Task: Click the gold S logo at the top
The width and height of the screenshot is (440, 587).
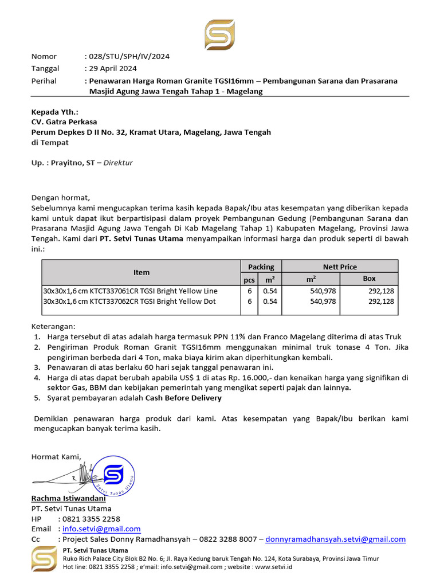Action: [219, 34]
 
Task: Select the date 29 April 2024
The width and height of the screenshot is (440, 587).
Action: [113, 69]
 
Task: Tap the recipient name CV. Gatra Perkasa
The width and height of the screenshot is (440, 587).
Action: [64, 122]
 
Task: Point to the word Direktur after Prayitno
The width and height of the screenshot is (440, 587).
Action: [118, 163]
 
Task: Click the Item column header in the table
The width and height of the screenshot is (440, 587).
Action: [141, 272]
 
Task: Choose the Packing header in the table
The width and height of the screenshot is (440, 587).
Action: [261, 267]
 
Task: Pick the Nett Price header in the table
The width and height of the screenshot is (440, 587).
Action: [340, 267]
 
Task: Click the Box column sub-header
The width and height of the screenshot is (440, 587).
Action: [369, 279]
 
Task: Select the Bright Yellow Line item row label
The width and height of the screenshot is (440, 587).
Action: [130, 291]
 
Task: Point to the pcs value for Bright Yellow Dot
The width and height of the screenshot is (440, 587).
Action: [249, 302]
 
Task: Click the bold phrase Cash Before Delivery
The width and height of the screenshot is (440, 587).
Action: [183, 398]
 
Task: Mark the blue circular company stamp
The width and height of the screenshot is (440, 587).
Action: [114, 475]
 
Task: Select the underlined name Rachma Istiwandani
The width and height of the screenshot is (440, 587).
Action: [64, 499]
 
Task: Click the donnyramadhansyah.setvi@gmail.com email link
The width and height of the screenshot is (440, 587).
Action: [336, 539]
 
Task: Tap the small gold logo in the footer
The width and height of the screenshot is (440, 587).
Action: [44, 559]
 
